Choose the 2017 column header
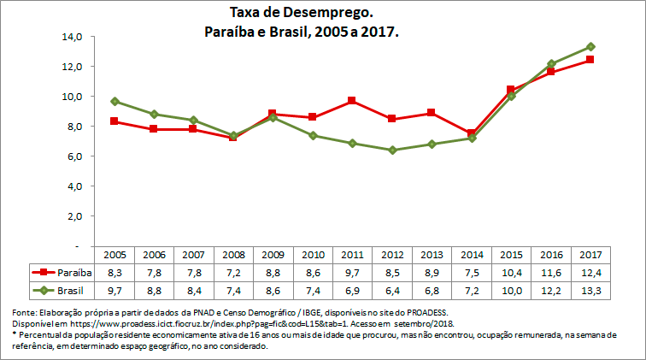point(590,255)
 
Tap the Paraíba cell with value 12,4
point(590,272)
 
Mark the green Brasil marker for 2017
point(590,47)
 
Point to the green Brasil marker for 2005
point(115,101)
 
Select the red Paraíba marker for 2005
point(115,121)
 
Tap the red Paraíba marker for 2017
point(590,60)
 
